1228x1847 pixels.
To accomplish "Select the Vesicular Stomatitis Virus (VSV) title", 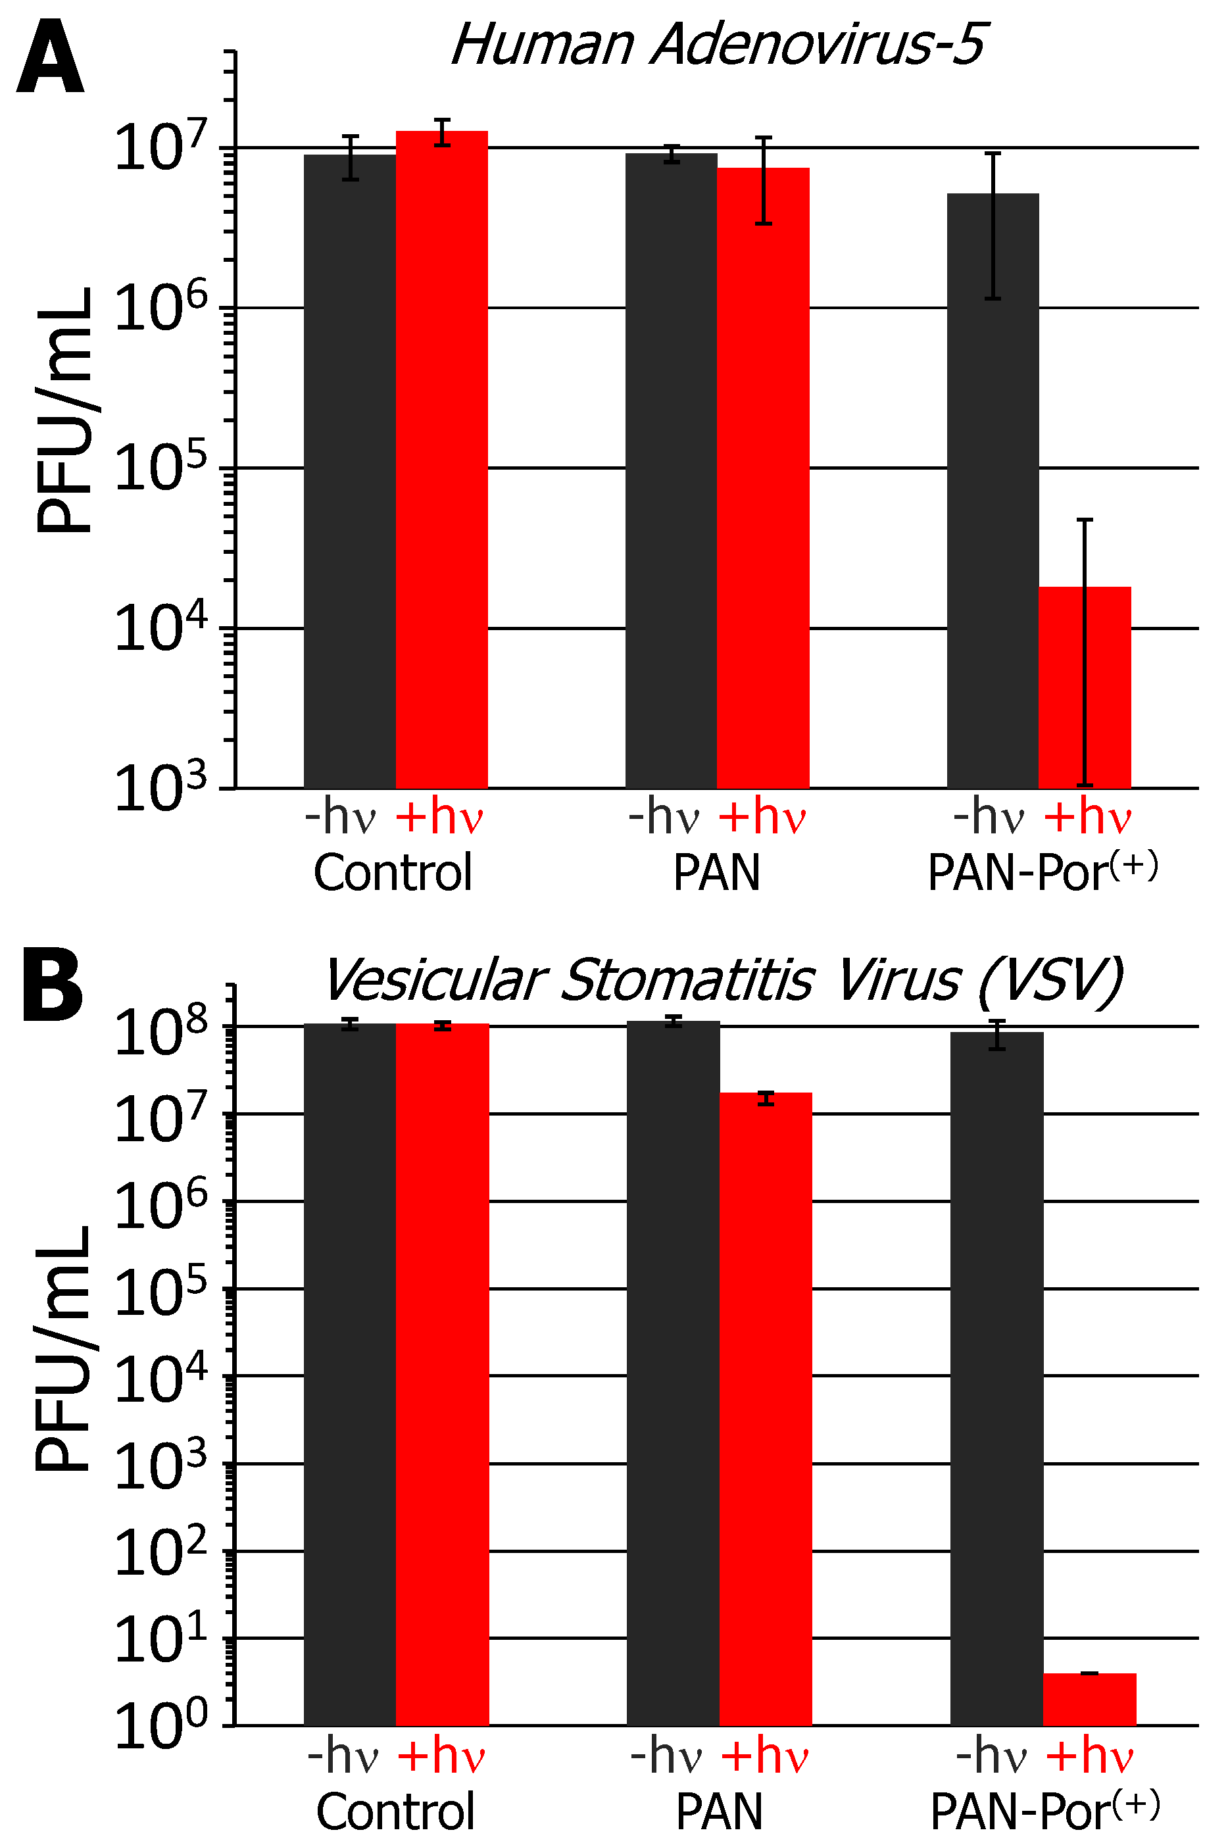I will pos(722,979).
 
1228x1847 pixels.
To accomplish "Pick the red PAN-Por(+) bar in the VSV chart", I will pos(1089,1699).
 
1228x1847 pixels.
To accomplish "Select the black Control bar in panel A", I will pos(349,470).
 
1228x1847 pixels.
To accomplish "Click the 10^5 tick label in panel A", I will pos(160,470).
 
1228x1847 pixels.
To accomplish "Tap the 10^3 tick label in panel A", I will pos(160,789).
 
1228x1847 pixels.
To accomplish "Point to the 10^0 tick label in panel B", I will pos(160,1727).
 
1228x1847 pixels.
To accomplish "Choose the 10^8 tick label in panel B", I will pos(160,1033).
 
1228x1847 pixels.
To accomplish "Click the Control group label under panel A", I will pos(393,872).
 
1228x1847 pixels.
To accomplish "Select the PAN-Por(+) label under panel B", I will pos(1044,1811).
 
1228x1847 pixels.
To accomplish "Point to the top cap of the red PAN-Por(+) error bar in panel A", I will pos(1085,520).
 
